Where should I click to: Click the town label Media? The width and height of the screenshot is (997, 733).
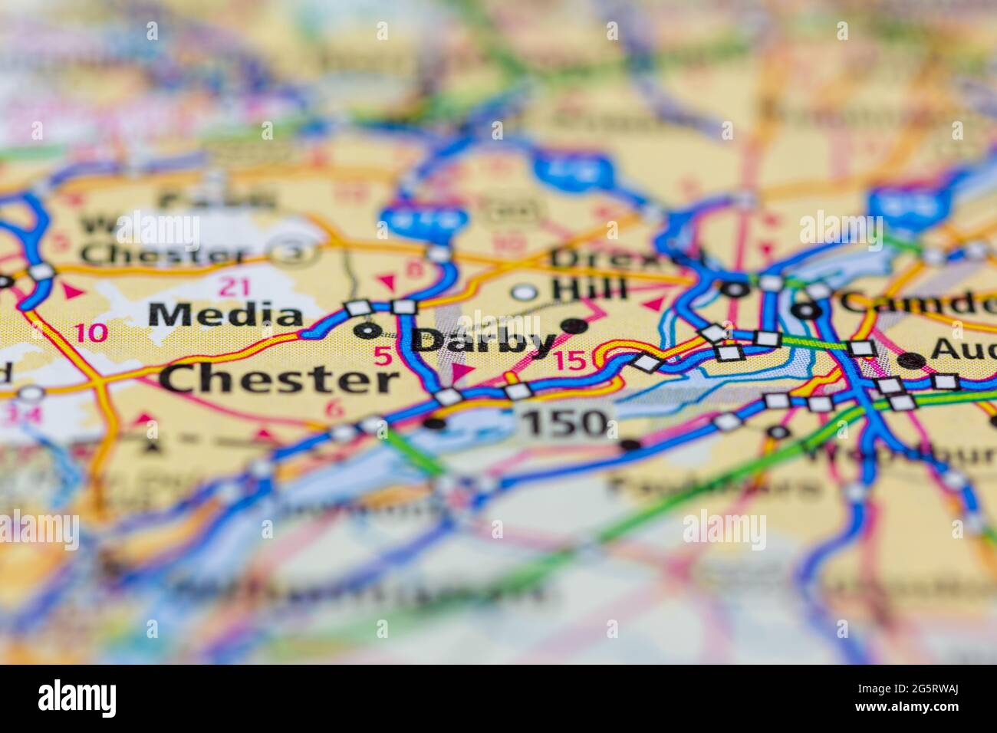(x=226, y=315)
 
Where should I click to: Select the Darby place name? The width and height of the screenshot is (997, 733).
(x=485, y=342)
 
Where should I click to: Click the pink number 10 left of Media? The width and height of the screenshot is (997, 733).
(x=92, y=333)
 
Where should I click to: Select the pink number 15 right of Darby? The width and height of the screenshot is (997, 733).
(x=569, y=360)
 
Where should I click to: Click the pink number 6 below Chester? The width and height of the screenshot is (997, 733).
(x=334, y=409)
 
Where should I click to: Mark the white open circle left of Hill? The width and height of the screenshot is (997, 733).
(x=525, y=291)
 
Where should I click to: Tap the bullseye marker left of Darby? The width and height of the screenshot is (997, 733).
(x=369, y=330)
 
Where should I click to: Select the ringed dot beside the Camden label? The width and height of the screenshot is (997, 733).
(x=805, y=311)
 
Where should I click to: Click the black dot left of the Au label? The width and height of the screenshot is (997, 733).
(x=910, y=360)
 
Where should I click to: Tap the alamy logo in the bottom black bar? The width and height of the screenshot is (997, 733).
(x=77, y=698)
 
